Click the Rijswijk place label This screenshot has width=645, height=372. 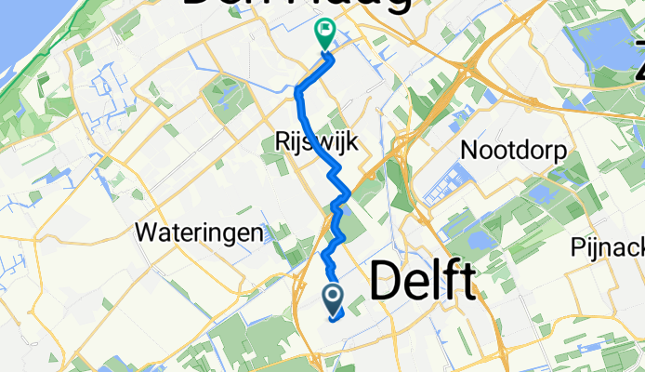317,141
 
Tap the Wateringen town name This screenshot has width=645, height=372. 199,232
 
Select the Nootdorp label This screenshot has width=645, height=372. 514,151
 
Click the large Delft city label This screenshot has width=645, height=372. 425,279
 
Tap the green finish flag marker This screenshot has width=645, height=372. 324,33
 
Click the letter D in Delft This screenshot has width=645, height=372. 387,279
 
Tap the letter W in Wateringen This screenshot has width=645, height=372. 147,232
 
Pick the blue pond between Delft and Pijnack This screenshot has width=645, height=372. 483,241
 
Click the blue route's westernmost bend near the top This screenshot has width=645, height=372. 297,91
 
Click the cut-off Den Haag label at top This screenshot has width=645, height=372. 297,5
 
